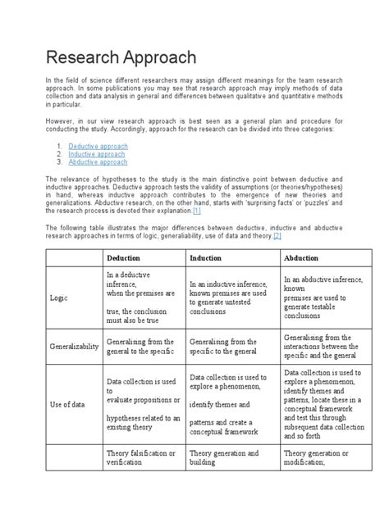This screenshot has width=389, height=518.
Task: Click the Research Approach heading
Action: coord(121,57)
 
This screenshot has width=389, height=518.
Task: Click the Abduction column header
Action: coord(302,257)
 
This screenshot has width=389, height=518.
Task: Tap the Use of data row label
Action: coord(68,403)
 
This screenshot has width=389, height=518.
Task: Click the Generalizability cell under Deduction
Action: coord(140,347)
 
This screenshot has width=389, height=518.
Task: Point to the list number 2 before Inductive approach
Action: coord(60,152)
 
